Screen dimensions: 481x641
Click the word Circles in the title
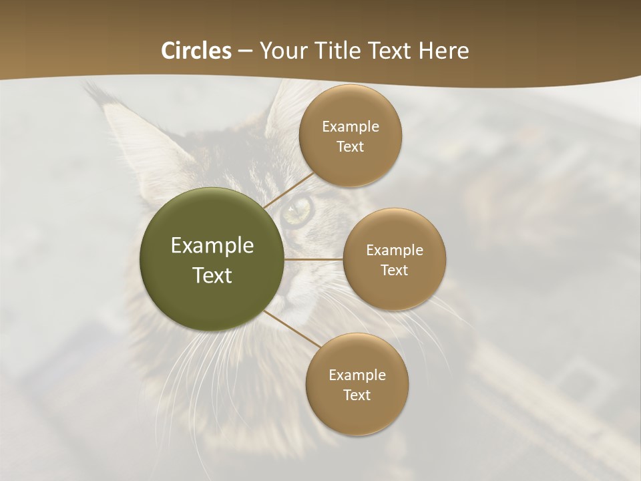(x=196, y=51)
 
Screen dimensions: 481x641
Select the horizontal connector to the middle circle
(x=313, y=259)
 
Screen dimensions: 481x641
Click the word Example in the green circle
(x=212, y=246)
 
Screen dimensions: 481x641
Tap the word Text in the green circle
(x=212, y=275)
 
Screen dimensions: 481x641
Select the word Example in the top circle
(x=350, y=127)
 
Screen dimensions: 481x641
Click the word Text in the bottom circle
(x=357, y=395)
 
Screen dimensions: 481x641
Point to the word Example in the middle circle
(x=394, y=251)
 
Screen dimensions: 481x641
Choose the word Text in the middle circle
(x=394, y=270)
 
